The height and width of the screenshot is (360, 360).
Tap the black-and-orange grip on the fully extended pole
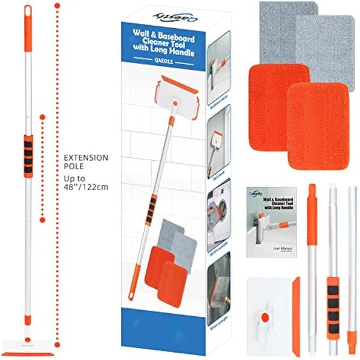[x=28, y=157]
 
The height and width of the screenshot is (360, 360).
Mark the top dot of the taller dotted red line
[x=57, y=5]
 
